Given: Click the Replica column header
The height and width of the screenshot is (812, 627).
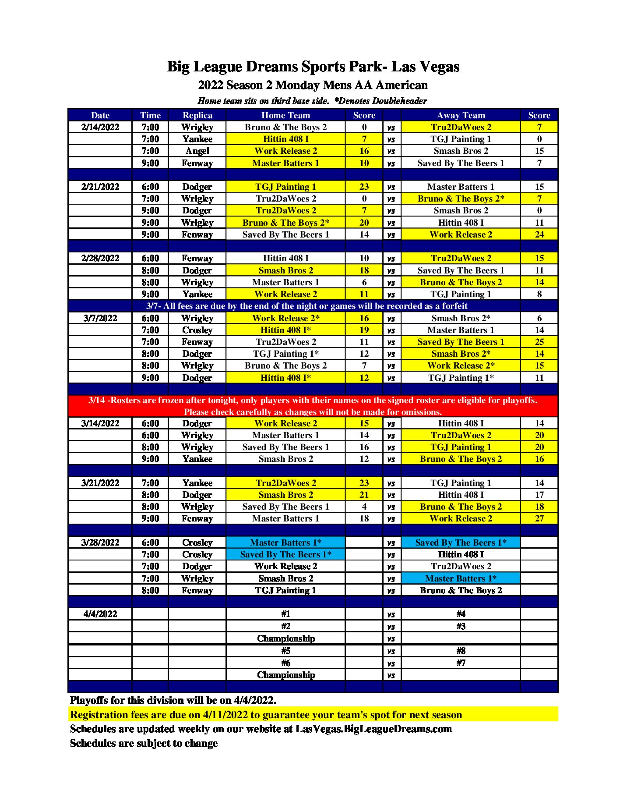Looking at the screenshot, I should click(197, 115).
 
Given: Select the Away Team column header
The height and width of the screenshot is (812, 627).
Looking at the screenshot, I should click(461, 115).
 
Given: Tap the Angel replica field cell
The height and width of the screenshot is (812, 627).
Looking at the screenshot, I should click(197, 151).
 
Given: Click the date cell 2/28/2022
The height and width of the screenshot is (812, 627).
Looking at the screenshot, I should click(100, 258).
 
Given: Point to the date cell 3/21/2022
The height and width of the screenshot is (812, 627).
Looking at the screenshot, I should click(100, 483).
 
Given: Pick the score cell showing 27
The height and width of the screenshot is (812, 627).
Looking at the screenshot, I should click(539, 518).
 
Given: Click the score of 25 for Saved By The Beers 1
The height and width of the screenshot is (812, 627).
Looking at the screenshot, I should click(539, 342).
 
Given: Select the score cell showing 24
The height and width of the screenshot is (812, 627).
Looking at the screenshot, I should click(539, 234).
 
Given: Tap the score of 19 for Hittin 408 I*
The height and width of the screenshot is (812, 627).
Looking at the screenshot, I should click(364, 330).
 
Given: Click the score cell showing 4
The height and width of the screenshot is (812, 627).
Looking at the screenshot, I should click(364, 507).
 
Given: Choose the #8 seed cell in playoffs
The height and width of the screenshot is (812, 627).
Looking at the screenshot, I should click(461, 651).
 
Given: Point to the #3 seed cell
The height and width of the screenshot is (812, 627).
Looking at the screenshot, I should click(461, 626).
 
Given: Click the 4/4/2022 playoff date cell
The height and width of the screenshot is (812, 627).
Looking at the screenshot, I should click(100, 614).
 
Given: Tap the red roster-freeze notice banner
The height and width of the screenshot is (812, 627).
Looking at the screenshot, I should click(313, 406).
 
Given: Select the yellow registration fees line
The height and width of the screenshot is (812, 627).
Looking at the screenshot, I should click(266, 715).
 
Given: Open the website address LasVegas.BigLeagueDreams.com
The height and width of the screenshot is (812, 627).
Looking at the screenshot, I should click(373, 729).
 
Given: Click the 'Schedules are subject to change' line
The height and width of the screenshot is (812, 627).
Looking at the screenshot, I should click(144, 743).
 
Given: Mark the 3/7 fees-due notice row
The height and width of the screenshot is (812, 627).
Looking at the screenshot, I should click(306, 306).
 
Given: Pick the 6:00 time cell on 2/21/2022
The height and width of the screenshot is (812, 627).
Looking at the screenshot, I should click(150, 187).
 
